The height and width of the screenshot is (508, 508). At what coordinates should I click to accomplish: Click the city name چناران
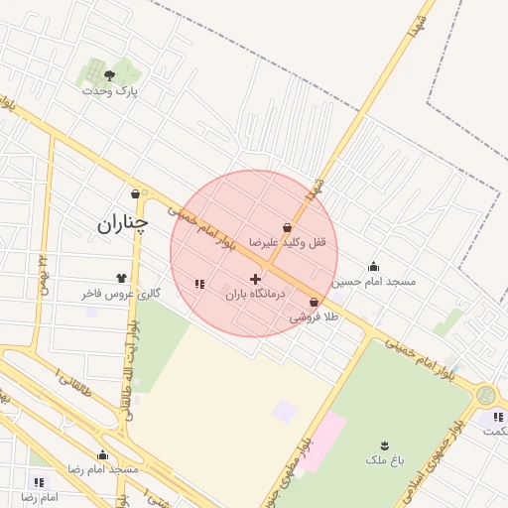click(x=122, y=223)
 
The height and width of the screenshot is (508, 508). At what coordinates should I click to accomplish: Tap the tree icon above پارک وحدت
click(x=109, y=74)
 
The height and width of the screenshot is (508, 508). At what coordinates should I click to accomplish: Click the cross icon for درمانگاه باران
click(x=255, y=279)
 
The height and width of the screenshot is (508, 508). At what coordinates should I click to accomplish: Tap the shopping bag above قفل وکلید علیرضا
click(x=287, y=227)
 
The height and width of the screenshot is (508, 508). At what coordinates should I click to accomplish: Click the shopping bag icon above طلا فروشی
click(x=315, y=303)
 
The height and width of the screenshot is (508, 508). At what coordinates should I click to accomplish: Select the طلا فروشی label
click(x=315, y=317)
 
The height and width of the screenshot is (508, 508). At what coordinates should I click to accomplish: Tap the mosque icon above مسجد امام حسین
click(x=373, y=266)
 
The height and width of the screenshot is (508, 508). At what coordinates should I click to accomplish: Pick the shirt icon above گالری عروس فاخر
click(x=121, y=279)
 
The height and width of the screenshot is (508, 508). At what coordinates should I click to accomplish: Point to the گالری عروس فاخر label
click(x=121, y=295)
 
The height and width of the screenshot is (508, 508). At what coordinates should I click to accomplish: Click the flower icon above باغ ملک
click(x=385, y=444)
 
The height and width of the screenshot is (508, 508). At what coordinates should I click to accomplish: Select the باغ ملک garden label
click(x=385, y=460)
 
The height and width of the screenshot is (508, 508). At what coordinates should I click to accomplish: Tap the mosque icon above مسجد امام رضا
click(x=102, y=455)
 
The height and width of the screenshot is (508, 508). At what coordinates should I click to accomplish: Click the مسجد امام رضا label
click(x=102, y=469)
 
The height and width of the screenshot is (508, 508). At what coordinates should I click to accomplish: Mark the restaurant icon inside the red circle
click(x=199, y=284)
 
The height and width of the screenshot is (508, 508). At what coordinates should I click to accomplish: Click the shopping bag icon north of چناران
click(x=135, y=192)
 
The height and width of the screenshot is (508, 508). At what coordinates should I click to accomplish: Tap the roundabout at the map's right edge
click(x=486, y=395)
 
